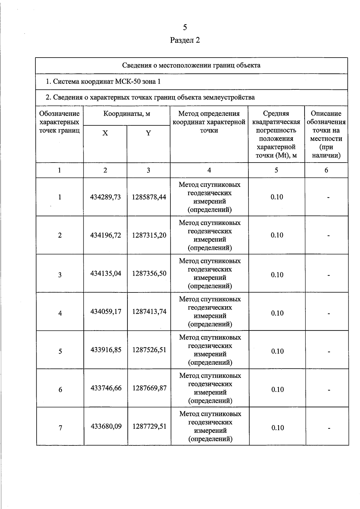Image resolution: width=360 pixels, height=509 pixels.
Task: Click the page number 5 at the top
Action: click(x=185, y=28)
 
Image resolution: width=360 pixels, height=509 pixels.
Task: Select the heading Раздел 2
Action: click(x=185, y=40)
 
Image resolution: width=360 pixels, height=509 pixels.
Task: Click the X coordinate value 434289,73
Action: click(x=105, y=197)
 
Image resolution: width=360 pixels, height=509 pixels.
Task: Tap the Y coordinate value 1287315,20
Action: click(x=149, y=235)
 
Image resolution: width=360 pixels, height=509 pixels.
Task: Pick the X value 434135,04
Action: click(x=106, y=274)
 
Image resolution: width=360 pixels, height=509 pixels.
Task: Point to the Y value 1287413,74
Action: click(x=149, y=312)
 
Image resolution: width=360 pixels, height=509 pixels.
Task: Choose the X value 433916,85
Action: click(x=106, y=350)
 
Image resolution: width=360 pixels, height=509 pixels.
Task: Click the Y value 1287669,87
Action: click(x=149, y=388)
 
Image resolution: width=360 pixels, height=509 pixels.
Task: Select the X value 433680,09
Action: click(x=106, y=426)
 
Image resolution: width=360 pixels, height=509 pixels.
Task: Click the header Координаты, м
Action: click(x=127, y=114)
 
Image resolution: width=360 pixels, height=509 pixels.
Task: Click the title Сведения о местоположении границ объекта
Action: click(x=191, y=65)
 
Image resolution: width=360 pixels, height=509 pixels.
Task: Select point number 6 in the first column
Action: click(x=60, y=390)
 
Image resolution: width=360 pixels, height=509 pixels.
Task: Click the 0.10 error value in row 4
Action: click(x=277, y=313)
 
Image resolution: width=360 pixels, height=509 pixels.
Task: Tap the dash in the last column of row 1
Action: click(x=328, y=198)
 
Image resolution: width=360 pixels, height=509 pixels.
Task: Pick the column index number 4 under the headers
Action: click(x=209, y=170)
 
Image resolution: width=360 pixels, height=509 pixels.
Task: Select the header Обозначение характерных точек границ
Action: click(x=59, y=122)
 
